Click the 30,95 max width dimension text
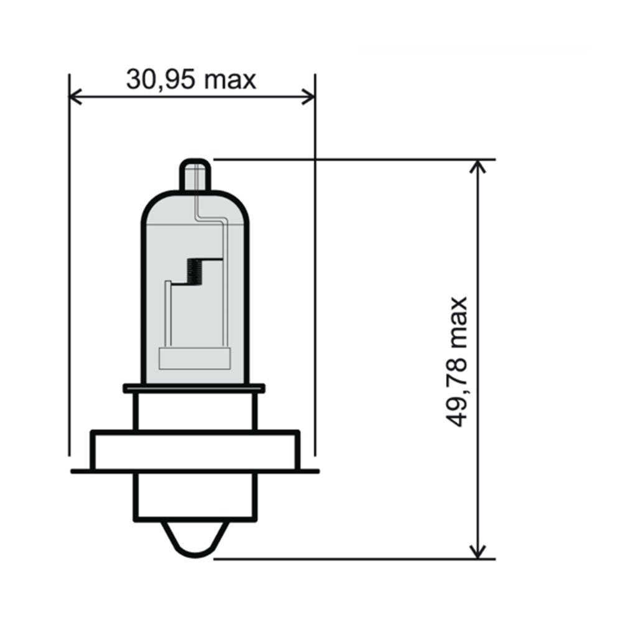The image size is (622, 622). coord(191,80)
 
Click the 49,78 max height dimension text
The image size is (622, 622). coord(458,361)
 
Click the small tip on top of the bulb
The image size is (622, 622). coord(195,175)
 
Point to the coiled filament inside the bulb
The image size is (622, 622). coord(195,272)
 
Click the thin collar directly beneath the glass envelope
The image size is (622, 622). coord(194,388)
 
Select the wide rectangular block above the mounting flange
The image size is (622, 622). coord(195,450)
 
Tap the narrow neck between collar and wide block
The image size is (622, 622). coord(195,411)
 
